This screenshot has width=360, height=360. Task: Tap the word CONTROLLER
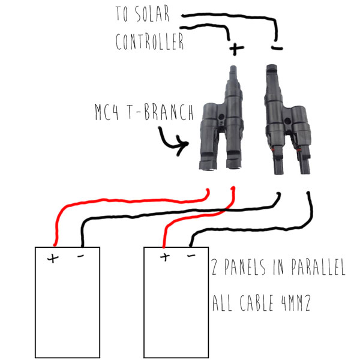pos(149,43)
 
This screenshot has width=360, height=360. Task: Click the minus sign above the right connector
pos(276,46)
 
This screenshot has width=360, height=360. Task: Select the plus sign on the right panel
pos(164,257)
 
